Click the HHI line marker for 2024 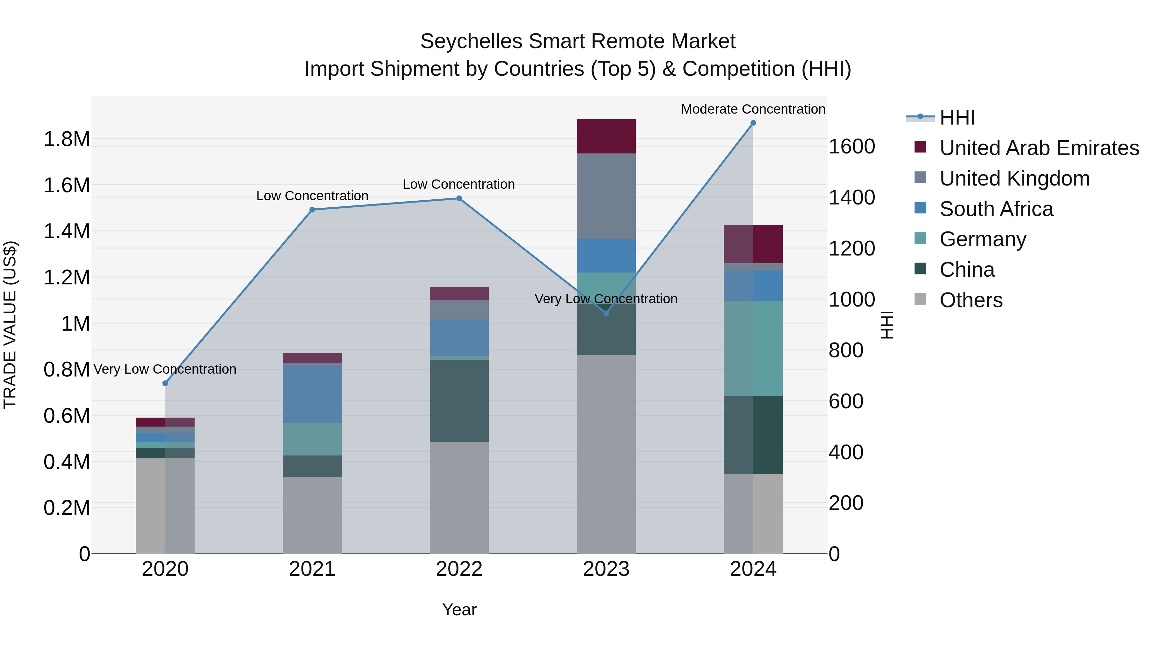click(753, 123)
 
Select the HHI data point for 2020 click(165, 383)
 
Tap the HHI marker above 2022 click(459, 198)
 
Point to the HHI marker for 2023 click(606, 313)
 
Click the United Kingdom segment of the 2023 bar click(606, 196)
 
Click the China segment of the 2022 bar click(459, 401)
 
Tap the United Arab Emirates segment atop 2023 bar click(606, 136)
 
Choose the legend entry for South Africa click(996, 209)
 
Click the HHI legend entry click(957, 117)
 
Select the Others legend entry click(971, 300)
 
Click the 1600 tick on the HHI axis click(851, 147)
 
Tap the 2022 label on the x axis click(459, 569)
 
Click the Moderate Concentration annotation click(753, 109)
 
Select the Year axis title click(459, 610)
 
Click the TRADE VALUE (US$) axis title click(10, 325)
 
